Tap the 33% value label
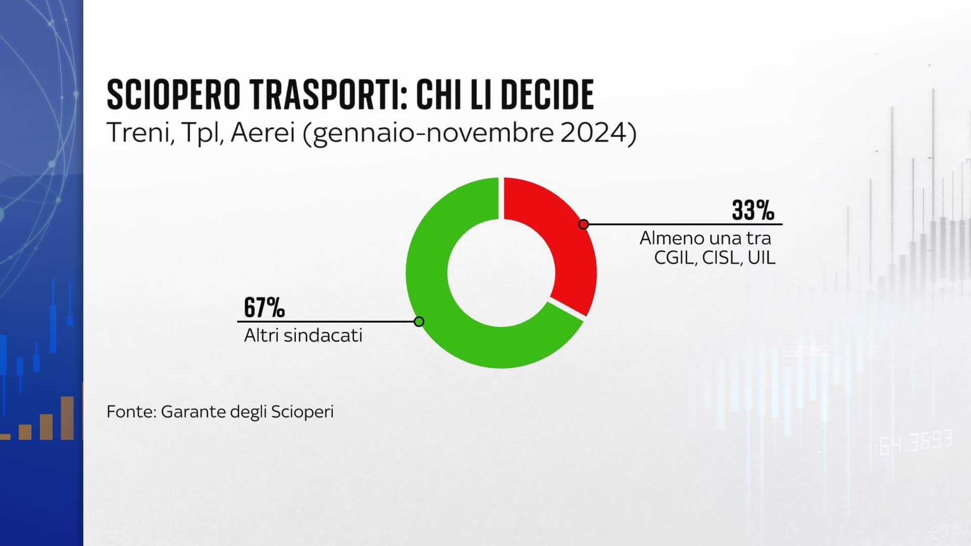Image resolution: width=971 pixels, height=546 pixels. (x=753, y=210)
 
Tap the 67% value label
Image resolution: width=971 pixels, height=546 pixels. (x=264, y=307)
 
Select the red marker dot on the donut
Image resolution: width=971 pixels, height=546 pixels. (x=584, y=224)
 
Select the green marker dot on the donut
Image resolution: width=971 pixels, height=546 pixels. (x=419, y=322)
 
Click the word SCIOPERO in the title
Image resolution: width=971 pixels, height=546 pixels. (x=173, y=95)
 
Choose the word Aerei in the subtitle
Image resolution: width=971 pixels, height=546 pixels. (x=262, y=134)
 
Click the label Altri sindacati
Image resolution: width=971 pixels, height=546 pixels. (x=303, y=335)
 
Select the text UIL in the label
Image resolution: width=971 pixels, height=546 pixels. (x=762, y=258)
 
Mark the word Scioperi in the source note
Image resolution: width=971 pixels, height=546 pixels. (x=302, y=412)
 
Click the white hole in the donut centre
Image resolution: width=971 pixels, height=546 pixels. (x=501, y=272)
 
